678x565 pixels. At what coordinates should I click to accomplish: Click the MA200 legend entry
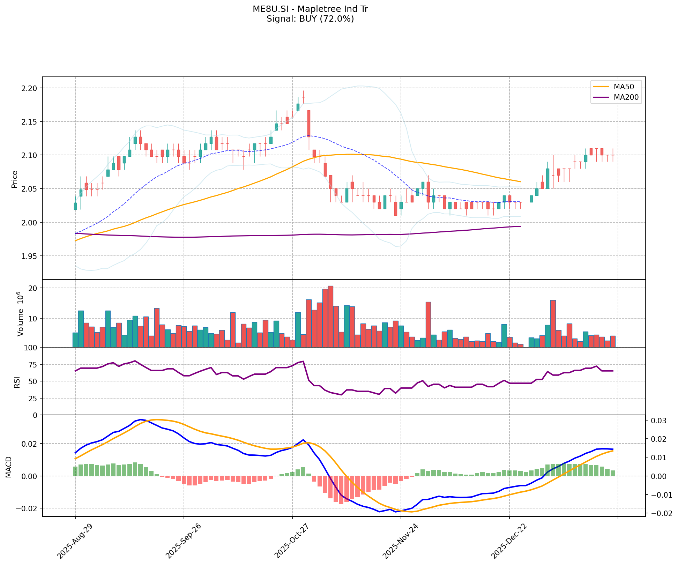[x=626, y=97]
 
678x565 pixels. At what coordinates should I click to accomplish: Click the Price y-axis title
[x=15, y=179]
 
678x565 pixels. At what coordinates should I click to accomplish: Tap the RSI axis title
[x=16, y=382]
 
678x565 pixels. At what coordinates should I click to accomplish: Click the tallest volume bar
[x=330, y=316]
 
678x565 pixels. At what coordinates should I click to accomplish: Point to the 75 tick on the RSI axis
[x=34, y=365]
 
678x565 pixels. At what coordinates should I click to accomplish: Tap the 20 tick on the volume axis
[x=34, y=288]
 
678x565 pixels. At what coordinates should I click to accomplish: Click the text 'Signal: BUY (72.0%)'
[x=310, y=19]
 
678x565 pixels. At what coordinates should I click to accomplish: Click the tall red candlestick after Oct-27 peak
[x=309, y=124]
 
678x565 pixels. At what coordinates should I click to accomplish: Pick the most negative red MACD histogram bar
[x=341, y=490]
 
